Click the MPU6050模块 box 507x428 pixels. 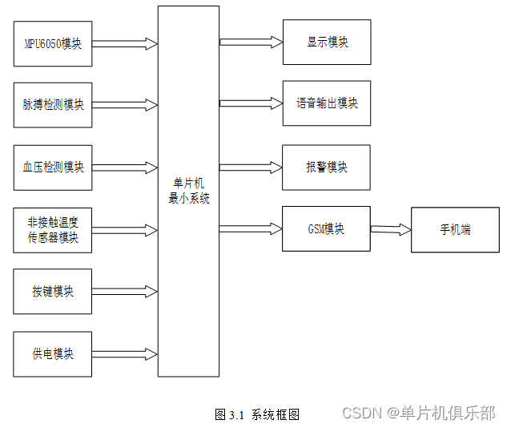(x=53, y=43)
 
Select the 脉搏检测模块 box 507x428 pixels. (x=53, y=104)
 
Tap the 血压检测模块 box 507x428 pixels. (x=53, y=167)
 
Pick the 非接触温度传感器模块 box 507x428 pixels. (x=53, y=230)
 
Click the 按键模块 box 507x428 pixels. (x=53, y=291)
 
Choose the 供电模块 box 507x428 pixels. (x=53, y=353)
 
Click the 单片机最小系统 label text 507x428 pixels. (x=188, y=192)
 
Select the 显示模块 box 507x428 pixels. (x=327, y=42)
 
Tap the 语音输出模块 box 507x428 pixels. (x=327, y=103)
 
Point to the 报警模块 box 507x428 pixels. (x=327, y=168)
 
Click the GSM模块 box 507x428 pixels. (x=327, y=228)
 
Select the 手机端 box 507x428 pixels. (x=454, y=229)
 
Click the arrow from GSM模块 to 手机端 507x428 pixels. (x=390, y=229)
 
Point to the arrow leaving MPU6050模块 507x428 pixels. (x=124, y=43)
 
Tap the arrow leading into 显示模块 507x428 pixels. (x=251, y=42)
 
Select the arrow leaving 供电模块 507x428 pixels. (x=124, y=353)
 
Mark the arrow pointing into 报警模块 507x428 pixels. (x=251, y=168)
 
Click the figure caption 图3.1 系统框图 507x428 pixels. (x=257, y=414)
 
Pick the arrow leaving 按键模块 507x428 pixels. (x=124, y=291)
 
